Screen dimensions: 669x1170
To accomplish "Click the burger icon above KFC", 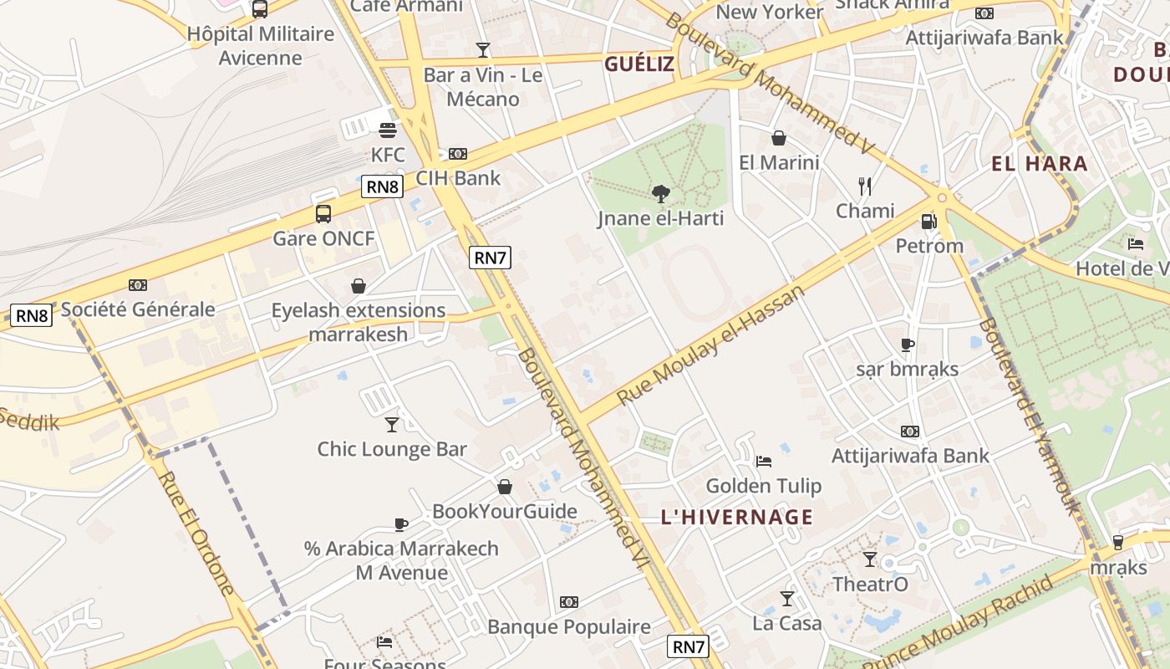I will [388, 130].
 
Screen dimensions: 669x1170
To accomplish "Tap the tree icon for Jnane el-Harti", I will [661, 194].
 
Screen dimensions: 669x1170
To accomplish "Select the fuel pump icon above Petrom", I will [928, 222].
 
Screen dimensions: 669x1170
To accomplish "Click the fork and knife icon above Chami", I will [865, 186].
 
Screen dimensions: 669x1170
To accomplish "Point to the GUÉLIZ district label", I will [639, 64].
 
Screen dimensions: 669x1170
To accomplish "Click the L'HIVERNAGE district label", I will [737, 517].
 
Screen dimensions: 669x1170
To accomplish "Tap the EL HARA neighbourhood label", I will [1040, 164].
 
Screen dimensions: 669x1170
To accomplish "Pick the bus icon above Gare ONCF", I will [323, 214].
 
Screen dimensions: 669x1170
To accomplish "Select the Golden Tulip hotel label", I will [764, 486].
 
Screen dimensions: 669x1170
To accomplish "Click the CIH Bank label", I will [458, 177].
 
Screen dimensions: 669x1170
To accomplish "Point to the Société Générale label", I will [138, 309].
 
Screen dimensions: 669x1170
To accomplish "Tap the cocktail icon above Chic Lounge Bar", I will [392, 425].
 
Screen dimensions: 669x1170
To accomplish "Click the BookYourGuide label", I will [505, 511].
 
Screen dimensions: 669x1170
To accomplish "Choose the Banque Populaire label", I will [569, 626].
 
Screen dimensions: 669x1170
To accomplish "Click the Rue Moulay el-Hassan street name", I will [711, 345].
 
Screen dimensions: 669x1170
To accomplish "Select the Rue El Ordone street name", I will [197, 534].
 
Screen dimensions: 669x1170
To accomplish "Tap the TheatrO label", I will [870, 584].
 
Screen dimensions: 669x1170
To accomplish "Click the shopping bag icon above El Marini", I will [779, 138].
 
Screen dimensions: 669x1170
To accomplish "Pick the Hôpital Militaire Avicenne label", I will [261, 45].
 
